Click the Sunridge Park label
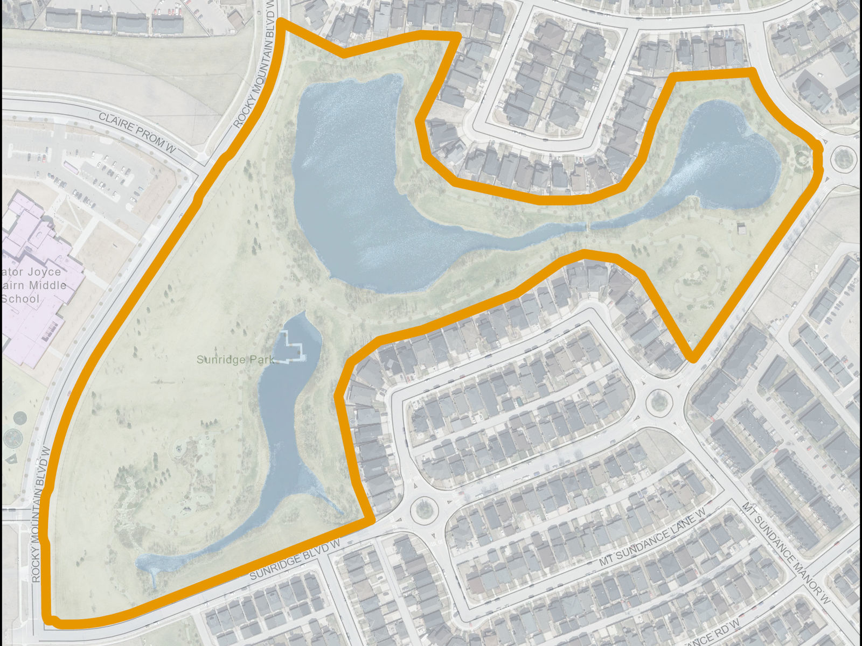[x=235, y=360]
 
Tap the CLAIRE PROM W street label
[x=137, y=132]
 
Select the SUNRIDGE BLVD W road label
[x=295, y=560]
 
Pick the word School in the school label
[x=20, y=299]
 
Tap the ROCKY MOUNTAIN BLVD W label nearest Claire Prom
[x=255, y=65]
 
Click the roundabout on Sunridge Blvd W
[x=424, y=509]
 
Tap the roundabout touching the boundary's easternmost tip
[x=843, y=158]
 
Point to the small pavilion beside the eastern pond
[x=742, y=228]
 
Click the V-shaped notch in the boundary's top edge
[x=343, y=54]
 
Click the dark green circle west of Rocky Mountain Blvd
[x=19, y=418]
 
